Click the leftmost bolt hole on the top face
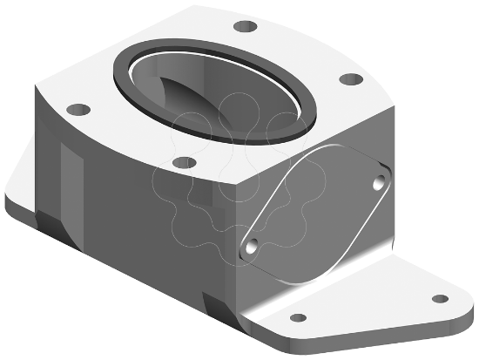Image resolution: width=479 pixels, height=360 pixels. pos(79,111)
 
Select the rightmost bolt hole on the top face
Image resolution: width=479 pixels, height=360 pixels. pos(350,80)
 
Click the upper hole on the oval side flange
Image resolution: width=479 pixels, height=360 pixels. pos(379,183)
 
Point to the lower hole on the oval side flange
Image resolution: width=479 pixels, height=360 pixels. pos(252,248)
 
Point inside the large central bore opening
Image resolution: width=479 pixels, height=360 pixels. pos(218,92)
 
